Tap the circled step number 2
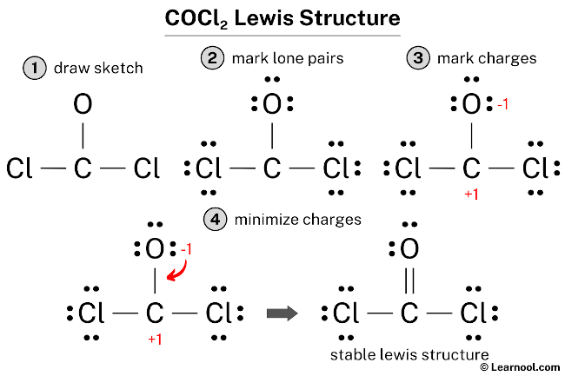click(212, 59)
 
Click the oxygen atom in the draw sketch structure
click(83, 107)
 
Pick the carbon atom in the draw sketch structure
click(83, 168)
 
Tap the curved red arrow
click(180, 270)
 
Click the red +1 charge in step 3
click(471, 194)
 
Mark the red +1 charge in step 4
click(155, 339)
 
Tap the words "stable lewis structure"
click(409, 354)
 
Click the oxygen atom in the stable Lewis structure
click(409, 249)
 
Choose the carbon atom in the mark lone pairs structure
click(272, 168)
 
